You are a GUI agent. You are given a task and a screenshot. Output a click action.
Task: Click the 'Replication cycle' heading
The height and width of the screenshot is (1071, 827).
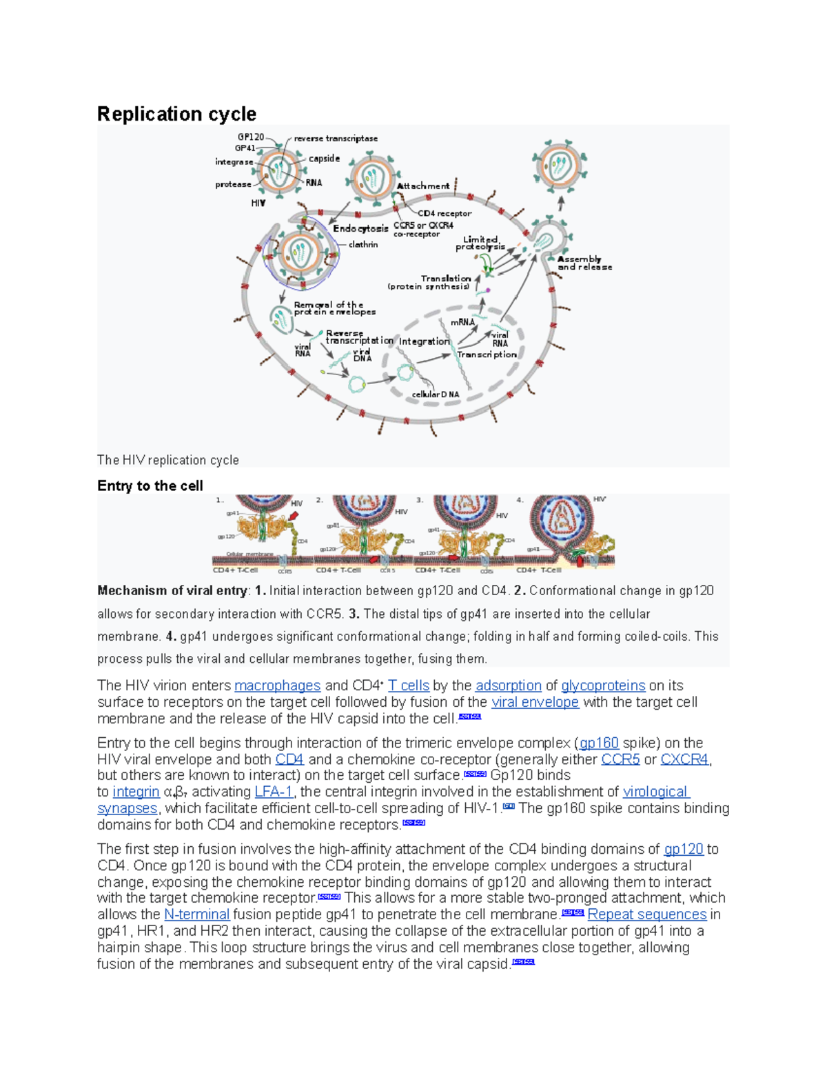coord(176,114)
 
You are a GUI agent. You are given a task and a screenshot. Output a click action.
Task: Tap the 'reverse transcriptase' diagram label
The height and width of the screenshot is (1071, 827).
coord(336,139)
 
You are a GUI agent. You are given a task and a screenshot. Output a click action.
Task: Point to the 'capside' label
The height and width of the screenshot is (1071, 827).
coord(324,159)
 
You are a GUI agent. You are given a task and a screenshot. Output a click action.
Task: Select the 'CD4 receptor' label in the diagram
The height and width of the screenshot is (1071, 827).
coord(445,214)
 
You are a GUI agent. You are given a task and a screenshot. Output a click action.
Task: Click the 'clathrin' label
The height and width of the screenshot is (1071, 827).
coord(363,245)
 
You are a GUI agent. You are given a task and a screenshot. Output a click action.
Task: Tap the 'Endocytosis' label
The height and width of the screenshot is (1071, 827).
coord(360,229)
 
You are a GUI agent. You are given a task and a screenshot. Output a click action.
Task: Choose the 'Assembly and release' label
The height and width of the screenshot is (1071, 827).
coord(584,263)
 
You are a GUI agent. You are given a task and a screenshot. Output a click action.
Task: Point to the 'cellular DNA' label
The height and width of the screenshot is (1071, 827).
coord(436,394)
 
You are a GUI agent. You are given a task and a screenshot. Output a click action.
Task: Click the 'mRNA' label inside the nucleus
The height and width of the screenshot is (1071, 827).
coord(462,322)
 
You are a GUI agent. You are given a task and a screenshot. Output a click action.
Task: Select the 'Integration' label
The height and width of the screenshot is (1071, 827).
coord(424,341)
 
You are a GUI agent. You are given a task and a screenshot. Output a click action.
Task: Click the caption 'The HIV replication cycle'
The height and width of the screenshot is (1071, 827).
coord(168,460)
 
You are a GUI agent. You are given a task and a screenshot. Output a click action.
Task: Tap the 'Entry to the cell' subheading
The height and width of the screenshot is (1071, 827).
coord(150,486)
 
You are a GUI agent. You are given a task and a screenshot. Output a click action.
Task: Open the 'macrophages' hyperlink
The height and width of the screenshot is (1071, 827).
coord(277,685)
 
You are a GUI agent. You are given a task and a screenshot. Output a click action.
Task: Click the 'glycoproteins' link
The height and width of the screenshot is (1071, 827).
coord(603,685)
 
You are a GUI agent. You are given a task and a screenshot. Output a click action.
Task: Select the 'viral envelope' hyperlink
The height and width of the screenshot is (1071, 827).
coord(535,702)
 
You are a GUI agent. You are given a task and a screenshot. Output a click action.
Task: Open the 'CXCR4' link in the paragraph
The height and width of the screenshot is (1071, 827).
coord(684,759)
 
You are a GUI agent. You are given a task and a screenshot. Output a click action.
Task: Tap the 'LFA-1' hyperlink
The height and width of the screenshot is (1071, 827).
coord(274,792)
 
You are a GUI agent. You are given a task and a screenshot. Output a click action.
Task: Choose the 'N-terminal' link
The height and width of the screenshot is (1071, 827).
coord(196,914)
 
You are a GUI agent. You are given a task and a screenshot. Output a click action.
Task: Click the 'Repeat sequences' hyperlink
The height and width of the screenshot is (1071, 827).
coord(647,914)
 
